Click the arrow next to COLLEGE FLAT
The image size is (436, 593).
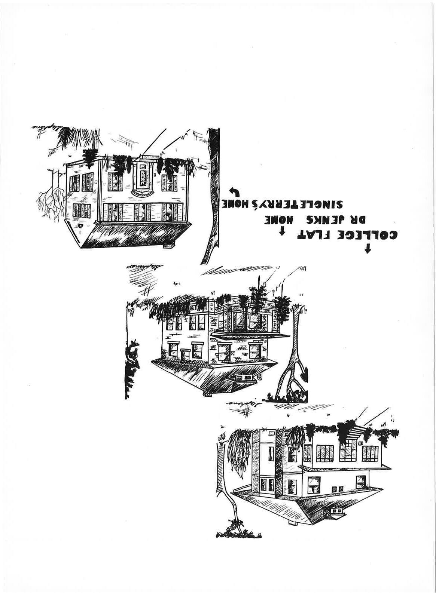[x=368, y=249]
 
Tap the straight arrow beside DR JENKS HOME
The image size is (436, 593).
[x=283, y=232]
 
